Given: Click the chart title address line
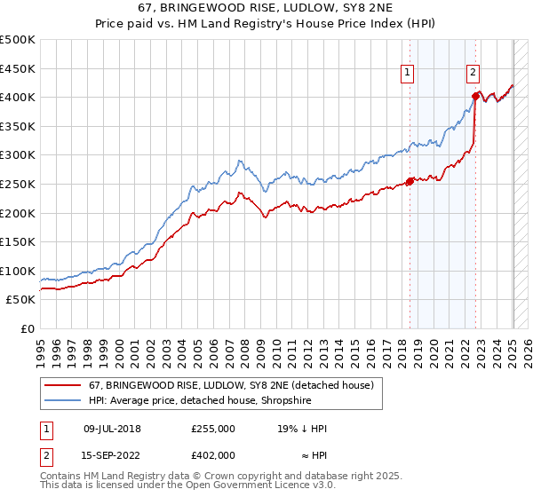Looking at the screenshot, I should tap(266, 9).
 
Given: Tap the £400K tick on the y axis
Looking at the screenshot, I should tap(18, 97).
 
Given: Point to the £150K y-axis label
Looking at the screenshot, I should tap(18, 241).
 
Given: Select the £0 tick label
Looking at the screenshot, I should tap(28, 328).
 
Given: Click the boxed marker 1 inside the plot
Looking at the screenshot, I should tap(407, 74).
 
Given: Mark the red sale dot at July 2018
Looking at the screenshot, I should tap(410, 181).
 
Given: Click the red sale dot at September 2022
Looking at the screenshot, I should tap(476, 96).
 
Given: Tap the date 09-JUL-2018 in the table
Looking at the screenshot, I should tap(113, 428).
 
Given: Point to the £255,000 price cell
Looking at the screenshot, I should tap(213, 428).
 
